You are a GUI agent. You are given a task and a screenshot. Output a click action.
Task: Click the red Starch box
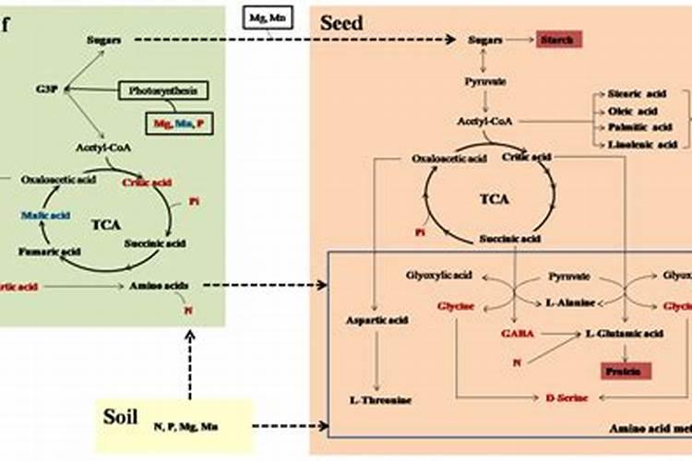coord(559,40)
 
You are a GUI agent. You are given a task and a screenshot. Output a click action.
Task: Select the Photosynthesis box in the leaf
coord(163,89)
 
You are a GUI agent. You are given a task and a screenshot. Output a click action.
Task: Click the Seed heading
coord(341,23)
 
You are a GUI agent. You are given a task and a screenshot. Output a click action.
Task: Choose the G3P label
coord(47,89)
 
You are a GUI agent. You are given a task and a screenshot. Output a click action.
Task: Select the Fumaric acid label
coord(45,250)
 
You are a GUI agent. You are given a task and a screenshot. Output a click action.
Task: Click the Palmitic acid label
coord(632,127)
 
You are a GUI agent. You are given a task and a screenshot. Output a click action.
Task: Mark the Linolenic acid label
coord(632,144)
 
